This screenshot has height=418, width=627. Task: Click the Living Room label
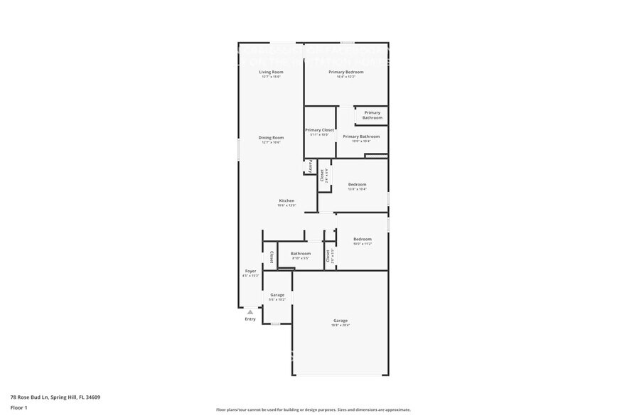point(271,72)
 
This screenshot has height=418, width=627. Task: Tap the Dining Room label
point(271,137)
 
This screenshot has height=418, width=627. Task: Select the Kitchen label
point(286,200)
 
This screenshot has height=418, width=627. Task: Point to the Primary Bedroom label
point(345,72)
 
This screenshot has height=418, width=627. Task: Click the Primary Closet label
point(319,130)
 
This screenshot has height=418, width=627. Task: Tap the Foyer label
point(250,271)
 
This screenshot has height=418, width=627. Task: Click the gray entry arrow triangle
point(250,311)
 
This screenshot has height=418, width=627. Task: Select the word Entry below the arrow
point(250,319)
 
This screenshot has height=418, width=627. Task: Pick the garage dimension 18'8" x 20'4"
point(341,325)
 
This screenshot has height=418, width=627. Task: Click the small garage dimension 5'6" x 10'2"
point(277,299)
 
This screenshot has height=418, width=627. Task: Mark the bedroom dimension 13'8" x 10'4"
point(357,189)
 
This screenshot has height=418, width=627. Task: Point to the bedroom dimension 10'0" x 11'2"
point(362,244)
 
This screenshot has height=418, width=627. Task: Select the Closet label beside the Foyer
point(271,257)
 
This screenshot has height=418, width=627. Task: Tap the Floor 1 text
point(18,407)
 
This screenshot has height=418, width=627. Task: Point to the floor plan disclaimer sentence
point(313,410)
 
